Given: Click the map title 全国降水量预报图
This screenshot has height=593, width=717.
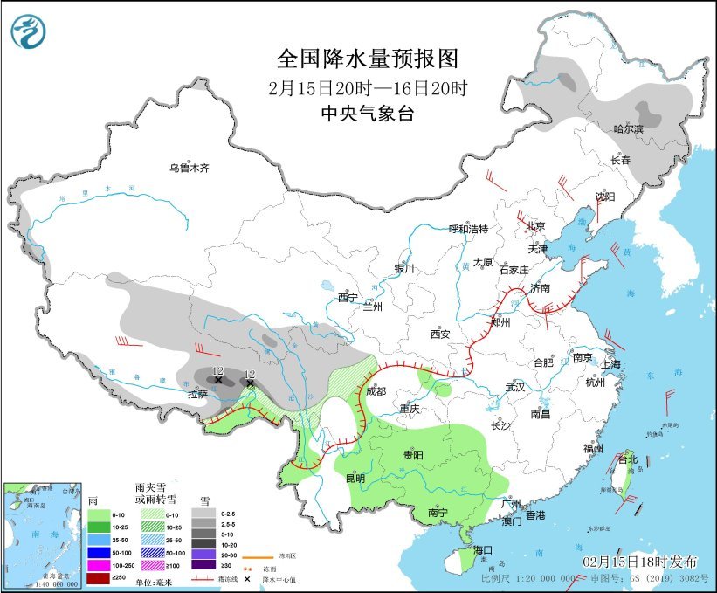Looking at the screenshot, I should pyautogui.click(x=367, y=59).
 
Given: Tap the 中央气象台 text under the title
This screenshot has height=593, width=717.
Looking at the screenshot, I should pyautogui.click(x=367, y=113).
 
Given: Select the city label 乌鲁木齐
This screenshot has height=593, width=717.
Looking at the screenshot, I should pyautogui.click(x=190, y=168).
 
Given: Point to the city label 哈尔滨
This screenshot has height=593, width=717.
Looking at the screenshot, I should pyautogui.click(x=628, y=129).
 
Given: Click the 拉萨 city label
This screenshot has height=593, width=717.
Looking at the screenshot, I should pyautogui.click(x=197, y=394).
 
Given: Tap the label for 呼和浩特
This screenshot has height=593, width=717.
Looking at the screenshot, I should pyautogui.click(x=468, y=229).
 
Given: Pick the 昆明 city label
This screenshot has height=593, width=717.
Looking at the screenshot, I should pyautogui.click(x=355, y=479).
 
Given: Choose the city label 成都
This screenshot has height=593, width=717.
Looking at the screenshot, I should pyautogui.click(x=376, y=391).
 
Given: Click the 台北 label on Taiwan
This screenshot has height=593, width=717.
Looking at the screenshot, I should pyautogui.click(x=628, y=459).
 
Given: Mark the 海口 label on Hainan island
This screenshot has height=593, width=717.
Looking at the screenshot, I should pyautogui.click(x=484, y=549).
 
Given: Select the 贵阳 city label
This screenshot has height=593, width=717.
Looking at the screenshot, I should pyautogui.click(x=413, y=455).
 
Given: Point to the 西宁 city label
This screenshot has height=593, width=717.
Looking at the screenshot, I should pyautogui.click(x=348, y=297).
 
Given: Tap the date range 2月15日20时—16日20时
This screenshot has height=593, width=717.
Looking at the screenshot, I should pyautogui.click(x=367, y=87).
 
